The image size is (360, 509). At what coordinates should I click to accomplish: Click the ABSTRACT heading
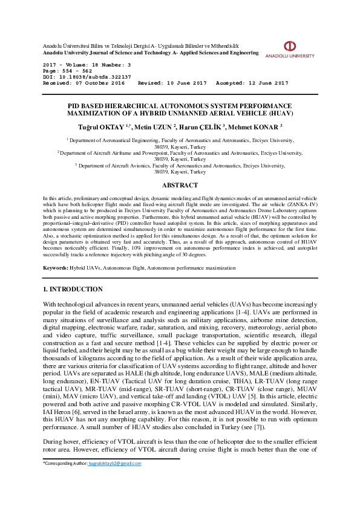180,185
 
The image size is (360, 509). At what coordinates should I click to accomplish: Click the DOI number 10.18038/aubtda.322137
96,78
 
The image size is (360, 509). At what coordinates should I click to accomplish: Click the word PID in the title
75,105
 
